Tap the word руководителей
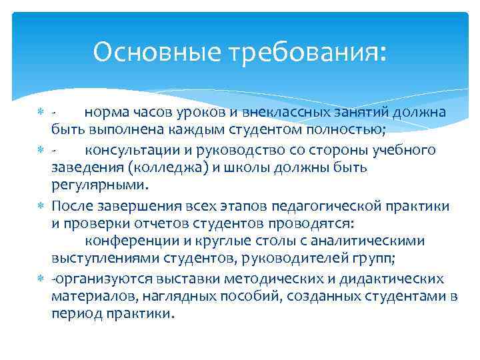click(295, 257)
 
